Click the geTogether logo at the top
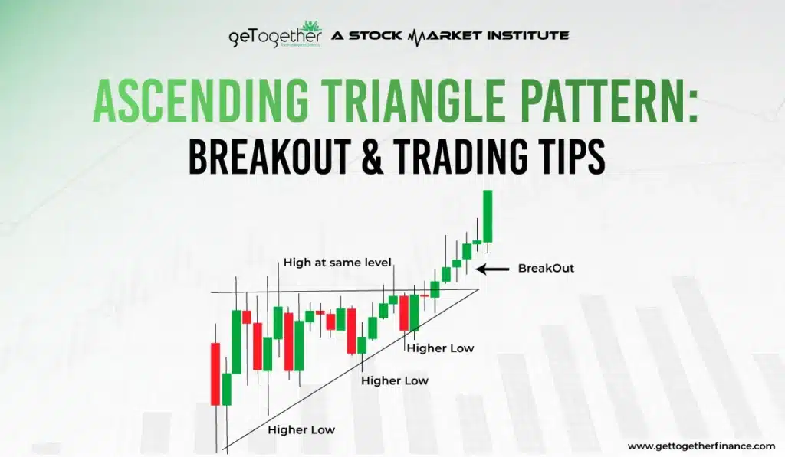[x=275, y=36]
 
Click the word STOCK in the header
[x=376, y=35]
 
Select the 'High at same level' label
[x=337, y=262]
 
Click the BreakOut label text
[x=546, y=268]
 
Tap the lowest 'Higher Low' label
[x=301, y=429]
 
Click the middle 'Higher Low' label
[x=395, y=380]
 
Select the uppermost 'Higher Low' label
[x=440, y=348]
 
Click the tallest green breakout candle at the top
[x=488, y=216]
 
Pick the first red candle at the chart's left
[x=215, y=374]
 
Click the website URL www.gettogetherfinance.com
[x=701, y=446]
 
